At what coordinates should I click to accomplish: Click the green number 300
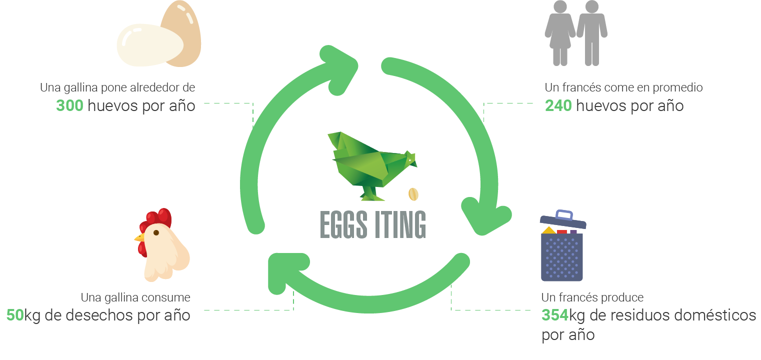pyautogui.click(x=69, y=106)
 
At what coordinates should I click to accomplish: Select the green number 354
pyautogui.click(x=555, y=315)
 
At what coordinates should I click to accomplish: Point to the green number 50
pyautogui.click(x=15, y=315)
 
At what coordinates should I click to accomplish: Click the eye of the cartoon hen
pyautogui.click(x=156, y=232)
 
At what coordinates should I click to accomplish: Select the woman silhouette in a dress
pyautogui.click(x=559, y=32)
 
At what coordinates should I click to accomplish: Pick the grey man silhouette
pyautogui.click(x=592, y=32)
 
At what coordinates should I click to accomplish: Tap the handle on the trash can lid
pyautogui.click(x=564, y=215)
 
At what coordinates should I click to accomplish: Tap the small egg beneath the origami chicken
pyautogui.click(x=413, y=194)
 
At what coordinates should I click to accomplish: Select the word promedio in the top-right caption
pyautogui.click(x=676, y=87)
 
